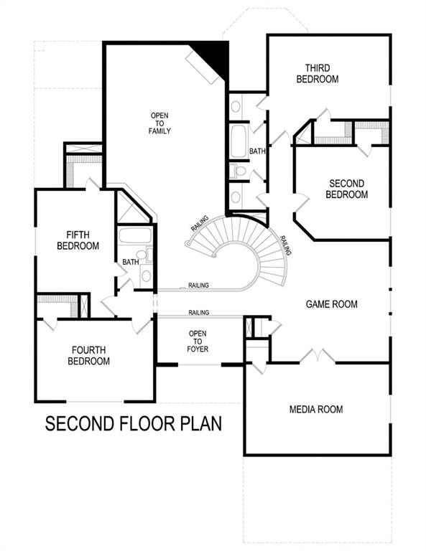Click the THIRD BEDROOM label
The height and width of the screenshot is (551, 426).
(317, 72)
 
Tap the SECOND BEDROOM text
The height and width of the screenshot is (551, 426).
(346, 189)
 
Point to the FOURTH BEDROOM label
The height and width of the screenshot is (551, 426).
(88, 356)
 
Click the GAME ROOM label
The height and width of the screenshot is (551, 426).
(331, 304)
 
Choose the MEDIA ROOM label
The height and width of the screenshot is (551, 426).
(315, 410)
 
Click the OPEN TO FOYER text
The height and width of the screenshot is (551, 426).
(198, 342)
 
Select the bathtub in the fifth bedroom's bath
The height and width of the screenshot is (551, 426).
(134, 236)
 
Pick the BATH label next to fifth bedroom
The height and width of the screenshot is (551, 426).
(130, 262)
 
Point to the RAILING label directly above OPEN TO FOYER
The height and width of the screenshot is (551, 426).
(199, 313)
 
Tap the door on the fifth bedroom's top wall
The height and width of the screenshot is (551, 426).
(91, 184)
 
